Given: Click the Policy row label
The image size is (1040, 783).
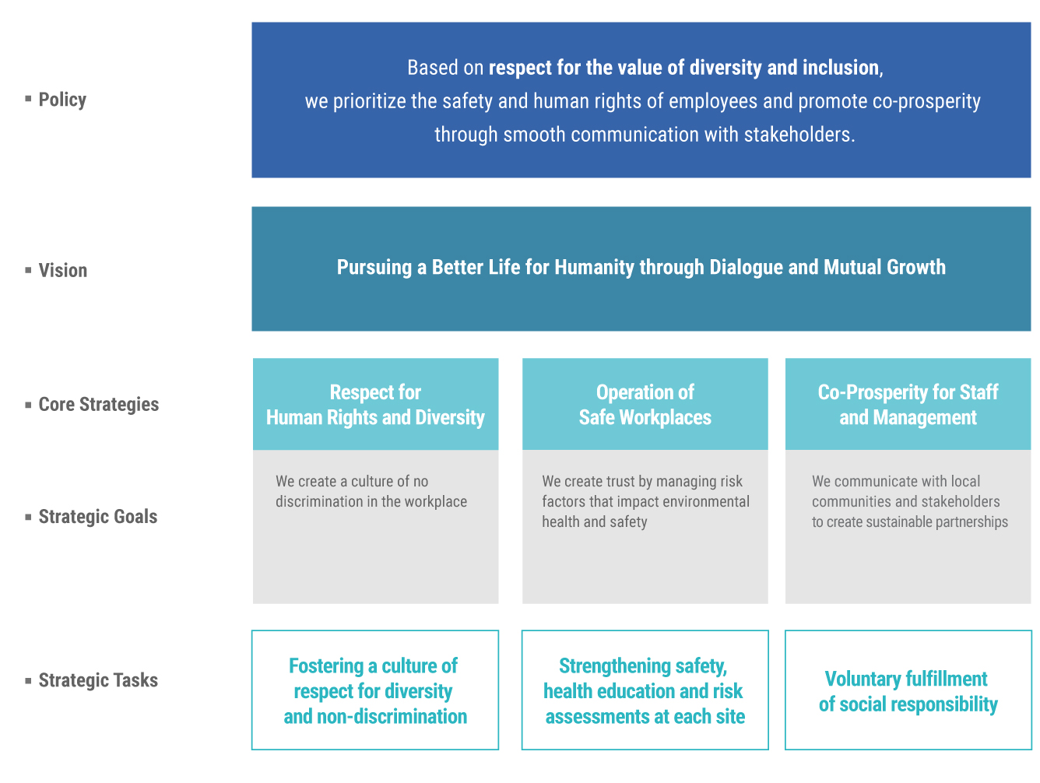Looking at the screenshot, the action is coord(62,100).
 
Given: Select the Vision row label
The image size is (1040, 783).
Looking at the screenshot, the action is coord(62,271).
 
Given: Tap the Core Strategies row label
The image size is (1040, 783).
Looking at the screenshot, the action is coord(99,404).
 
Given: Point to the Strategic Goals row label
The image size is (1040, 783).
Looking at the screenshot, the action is coord(97,516).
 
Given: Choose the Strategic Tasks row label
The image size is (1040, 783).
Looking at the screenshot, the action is coord(98,680).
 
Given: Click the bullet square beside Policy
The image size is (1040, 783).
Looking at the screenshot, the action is coord(28,99).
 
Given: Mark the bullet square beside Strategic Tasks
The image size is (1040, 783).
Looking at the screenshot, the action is coord(28,681).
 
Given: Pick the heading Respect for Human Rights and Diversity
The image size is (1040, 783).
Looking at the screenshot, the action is coord(375,405).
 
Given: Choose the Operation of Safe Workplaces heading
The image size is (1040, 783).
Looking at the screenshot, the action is coord(645,405).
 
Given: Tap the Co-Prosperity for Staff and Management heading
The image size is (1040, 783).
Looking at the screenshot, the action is coord(908,405).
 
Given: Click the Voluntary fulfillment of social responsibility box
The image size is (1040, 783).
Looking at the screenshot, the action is coord(908,690).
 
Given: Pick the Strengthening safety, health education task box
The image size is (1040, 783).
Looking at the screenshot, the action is coord(645,690).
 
